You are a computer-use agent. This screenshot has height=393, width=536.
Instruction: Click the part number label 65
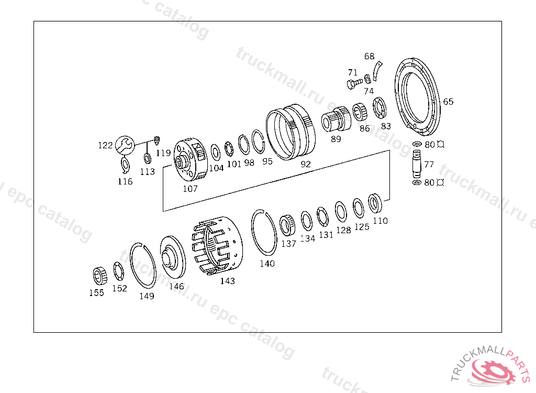(x=448, y=102)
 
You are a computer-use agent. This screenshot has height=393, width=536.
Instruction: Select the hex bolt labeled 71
(x=355, y=83)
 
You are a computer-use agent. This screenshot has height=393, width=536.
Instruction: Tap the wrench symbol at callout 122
(x=125, y=145)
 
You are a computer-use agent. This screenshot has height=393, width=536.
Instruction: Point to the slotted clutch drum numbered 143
(x=217, y=245)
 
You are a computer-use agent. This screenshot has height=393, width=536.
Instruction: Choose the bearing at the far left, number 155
(x=100, y=276)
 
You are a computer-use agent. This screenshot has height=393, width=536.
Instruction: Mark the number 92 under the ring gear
(x=306, y=165)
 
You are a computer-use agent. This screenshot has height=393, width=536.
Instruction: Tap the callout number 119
(x=163, y=153)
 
